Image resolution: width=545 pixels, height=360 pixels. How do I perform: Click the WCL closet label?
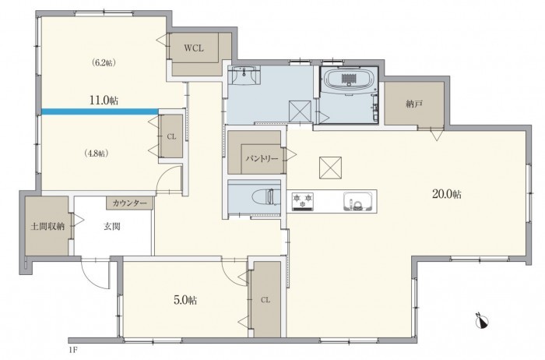(x=194, y=48)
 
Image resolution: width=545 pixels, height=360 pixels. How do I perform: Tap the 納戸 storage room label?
(x=414, y=104)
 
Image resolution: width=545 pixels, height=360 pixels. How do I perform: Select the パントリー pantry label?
(x=262, y=159)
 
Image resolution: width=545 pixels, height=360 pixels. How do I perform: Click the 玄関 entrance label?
(x=112, y=227)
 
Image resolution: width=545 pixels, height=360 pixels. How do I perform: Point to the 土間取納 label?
(x=47, y=227)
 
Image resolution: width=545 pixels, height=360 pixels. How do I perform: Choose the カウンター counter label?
(x=130, y=203)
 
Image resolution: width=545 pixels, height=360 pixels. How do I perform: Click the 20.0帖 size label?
(x=447, y=195)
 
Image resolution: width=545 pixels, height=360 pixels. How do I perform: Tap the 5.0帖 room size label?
(x=185, y=300)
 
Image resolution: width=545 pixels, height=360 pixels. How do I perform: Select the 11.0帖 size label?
(x=104, y=101)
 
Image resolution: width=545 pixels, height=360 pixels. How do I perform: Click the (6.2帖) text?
(x=104, y=62)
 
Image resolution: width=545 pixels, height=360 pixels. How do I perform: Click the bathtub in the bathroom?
(x=350, y=79)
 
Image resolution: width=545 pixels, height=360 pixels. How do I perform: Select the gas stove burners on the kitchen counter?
(x=303, y=201)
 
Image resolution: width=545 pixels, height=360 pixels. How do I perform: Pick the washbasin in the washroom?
(x=244, y=75)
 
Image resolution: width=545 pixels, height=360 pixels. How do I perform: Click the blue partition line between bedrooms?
(x=100, y=111)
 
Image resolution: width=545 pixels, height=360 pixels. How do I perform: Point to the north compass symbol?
(x=482, y=320)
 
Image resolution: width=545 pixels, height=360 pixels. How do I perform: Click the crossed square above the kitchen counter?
(x=330, y=168)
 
